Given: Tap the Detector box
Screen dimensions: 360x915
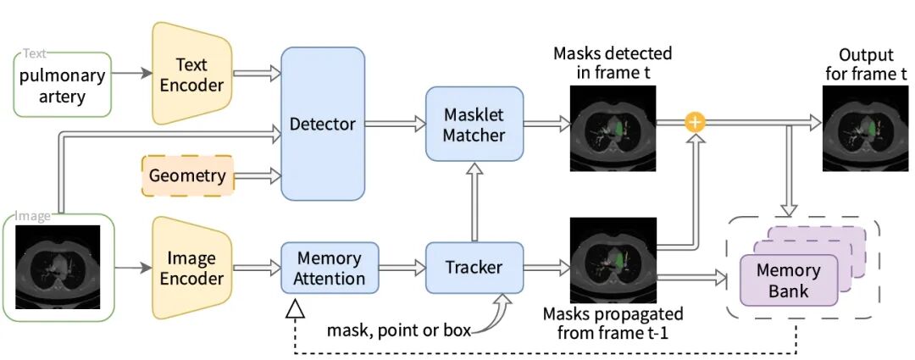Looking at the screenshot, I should coord(323,124).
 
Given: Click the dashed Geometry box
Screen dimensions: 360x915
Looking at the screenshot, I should coord(188,176).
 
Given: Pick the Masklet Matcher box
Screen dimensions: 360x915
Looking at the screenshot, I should coord(474,124).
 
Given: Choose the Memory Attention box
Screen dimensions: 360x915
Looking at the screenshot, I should coord(330,268).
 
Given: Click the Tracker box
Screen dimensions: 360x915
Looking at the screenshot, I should coord(474,268).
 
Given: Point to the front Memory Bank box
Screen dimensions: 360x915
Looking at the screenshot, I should coord(788,281).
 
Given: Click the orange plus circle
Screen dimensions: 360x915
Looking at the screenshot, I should coord(695,123).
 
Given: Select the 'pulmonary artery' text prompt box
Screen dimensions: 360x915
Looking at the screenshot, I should coord(62,86).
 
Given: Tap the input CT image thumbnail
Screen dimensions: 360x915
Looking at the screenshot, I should coord(58,266).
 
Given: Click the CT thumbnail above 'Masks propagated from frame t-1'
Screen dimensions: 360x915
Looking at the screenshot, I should coord(613,261).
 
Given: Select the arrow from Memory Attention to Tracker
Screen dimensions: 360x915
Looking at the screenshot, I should coord(402,268).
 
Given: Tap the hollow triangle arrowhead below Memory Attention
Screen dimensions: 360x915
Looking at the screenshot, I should coord(295,310).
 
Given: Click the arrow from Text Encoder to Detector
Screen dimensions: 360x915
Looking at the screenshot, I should coord(256,74).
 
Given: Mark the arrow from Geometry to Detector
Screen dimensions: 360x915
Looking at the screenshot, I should coord(257,176).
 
